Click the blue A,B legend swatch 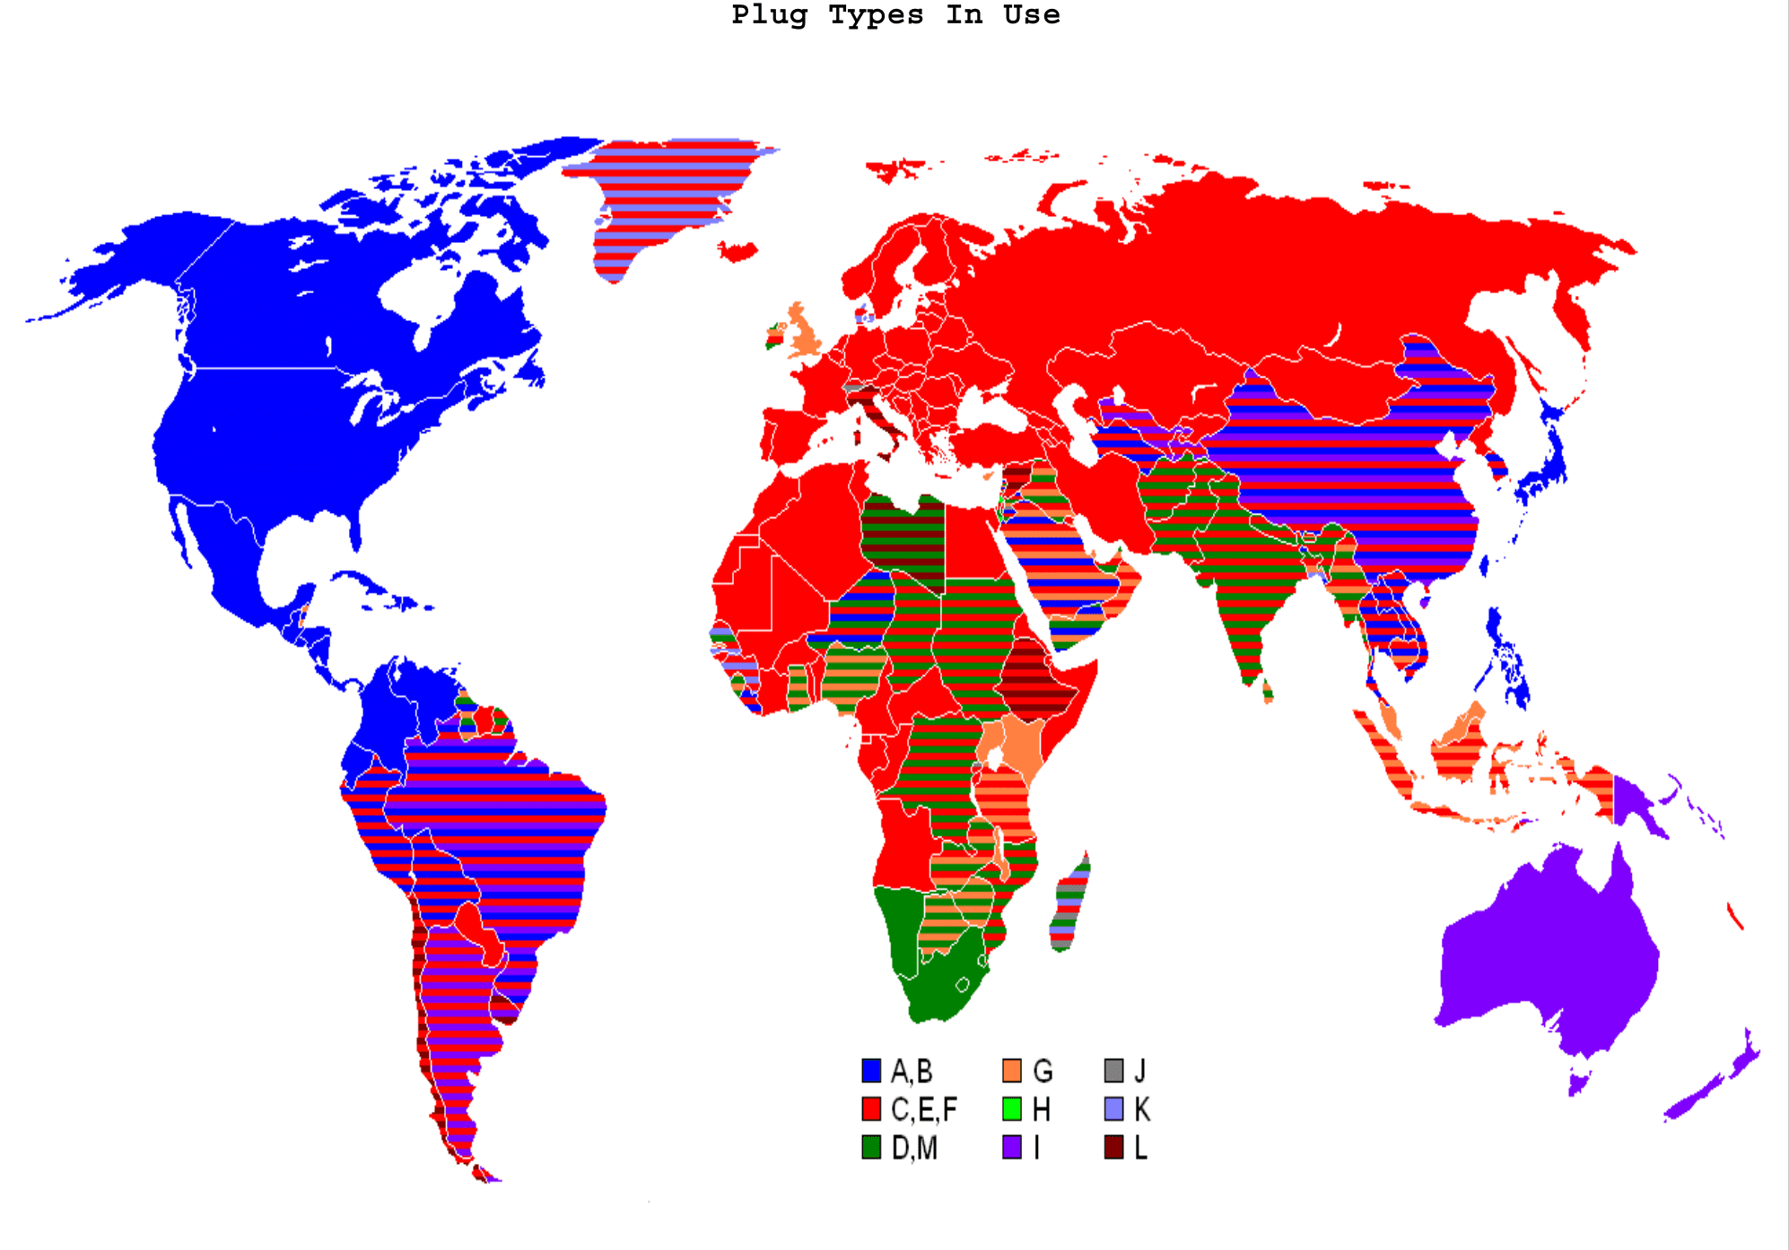(x=870, y=1071)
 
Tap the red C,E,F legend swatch (x=870, y=1109)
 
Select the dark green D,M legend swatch (x=870, y=1148)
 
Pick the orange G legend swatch (x=1011, y=1071)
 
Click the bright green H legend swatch (x=1011, y=1109)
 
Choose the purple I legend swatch (x=1011, y=1148)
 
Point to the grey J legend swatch (x=1113, y=1071)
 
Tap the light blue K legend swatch (x=1113, y=1109)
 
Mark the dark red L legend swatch (x=1113, y=1148)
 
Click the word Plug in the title (x=769, y=15)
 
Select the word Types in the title (x=876, y=15)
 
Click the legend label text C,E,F (x=924, y=1110)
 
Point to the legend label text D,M (x=914, y=1149)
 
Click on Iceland (x=737, y=252)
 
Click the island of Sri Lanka (x=1267, y=690)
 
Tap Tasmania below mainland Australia (x=1577, y=1081)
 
